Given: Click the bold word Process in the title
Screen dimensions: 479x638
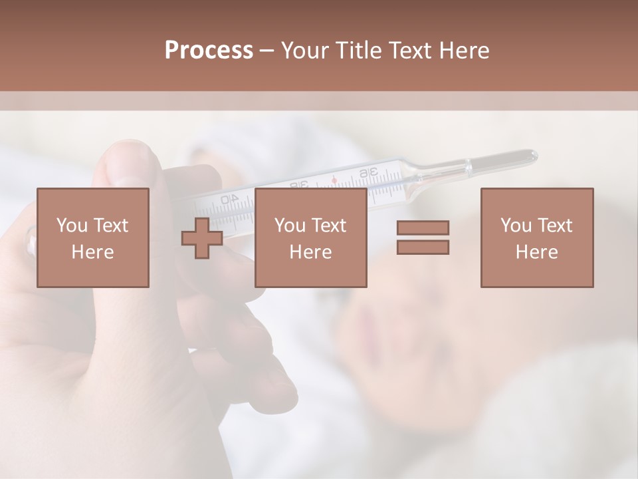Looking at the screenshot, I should pos(209,51).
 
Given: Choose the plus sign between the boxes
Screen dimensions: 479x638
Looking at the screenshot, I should pos(202,238).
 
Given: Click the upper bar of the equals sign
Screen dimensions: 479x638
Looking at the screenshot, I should pos(423,228).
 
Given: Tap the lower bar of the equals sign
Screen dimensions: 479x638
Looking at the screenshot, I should pos(423,247).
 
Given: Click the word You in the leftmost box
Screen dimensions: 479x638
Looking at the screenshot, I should pos(70,226).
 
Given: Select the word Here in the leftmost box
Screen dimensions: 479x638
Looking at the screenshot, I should pos(92,252).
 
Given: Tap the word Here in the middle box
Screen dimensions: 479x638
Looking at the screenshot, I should pos(310,252).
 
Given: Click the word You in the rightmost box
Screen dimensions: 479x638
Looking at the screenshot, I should pos(515,226).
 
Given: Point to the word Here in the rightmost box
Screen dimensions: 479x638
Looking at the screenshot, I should pos(536,252).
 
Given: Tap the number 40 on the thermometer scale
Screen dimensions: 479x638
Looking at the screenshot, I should pos(229,199).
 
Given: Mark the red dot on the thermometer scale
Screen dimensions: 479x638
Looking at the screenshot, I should pos(334,180).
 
